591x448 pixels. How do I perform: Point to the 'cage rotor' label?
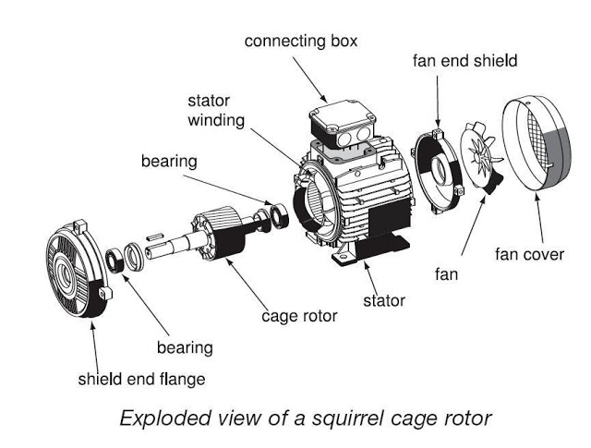pos(298,316)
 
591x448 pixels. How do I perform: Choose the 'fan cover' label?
pos(529,253)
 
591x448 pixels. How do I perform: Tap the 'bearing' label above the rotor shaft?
pos(169,161)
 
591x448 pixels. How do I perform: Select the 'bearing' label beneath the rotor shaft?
pos(184,347)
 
